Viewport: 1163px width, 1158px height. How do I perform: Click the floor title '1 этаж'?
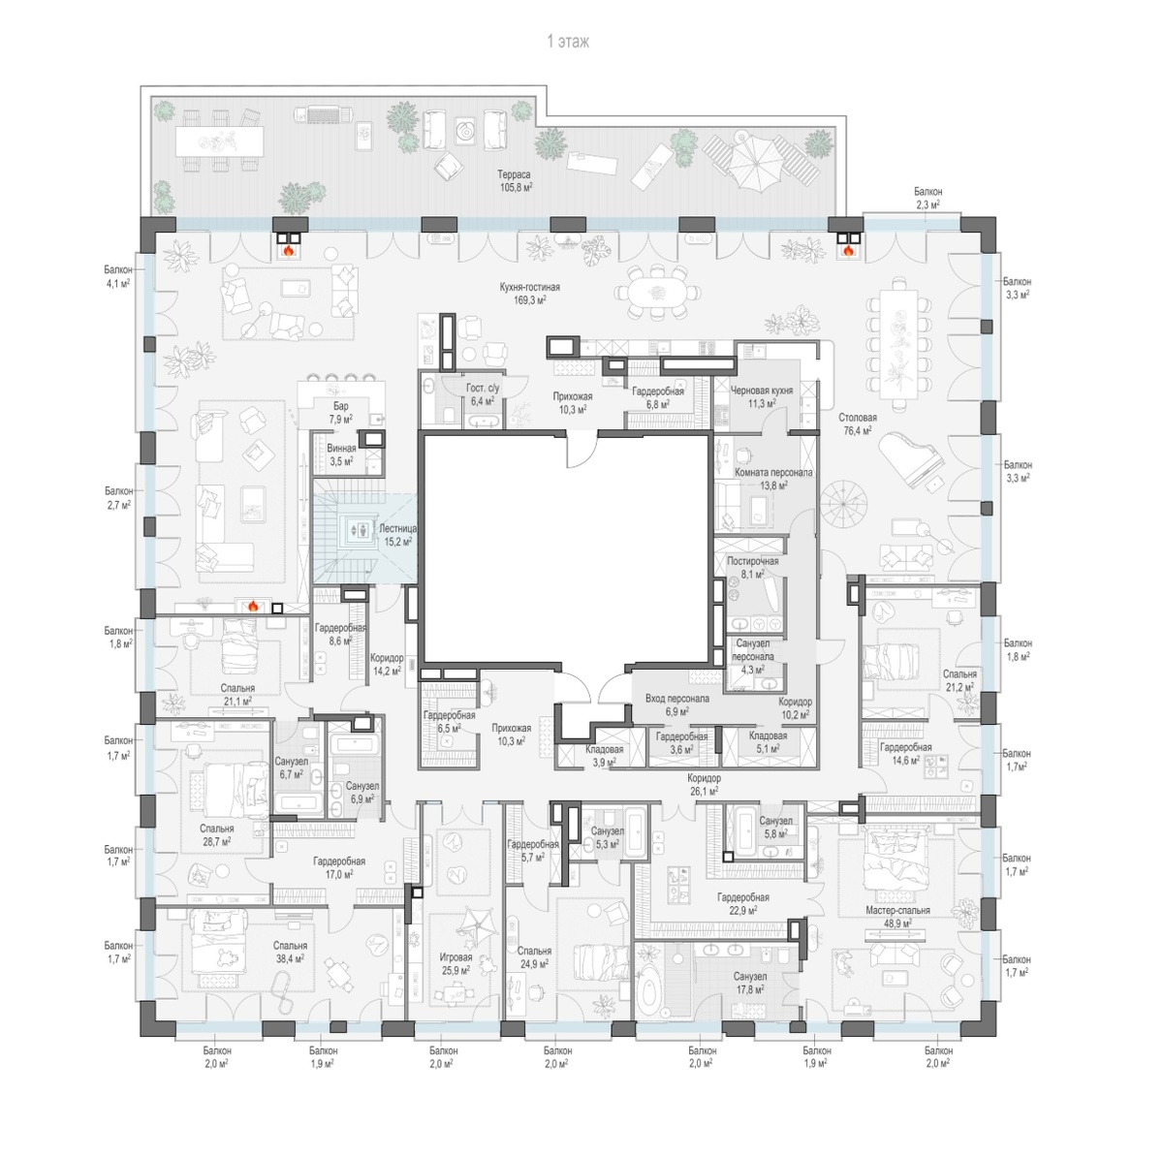568,41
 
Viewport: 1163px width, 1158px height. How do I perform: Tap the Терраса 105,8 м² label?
515,180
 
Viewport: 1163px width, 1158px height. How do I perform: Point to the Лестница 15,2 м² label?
397,535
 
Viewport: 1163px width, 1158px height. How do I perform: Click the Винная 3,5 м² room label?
341,454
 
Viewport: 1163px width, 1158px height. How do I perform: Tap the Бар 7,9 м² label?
340,412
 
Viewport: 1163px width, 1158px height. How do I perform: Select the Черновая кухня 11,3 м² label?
762,396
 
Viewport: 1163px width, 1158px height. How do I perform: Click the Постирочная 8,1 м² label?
753,567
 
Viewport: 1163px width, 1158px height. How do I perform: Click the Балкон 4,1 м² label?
117,276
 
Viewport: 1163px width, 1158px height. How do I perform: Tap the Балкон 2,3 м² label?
927,198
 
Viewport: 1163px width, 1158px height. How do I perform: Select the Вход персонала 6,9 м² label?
677,704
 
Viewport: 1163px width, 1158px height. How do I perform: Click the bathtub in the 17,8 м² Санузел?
649,997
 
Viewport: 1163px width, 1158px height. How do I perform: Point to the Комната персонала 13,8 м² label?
773,479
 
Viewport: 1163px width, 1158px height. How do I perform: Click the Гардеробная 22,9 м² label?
743,904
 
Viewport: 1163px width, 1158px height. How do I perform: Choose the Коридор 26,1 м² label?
704,785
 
